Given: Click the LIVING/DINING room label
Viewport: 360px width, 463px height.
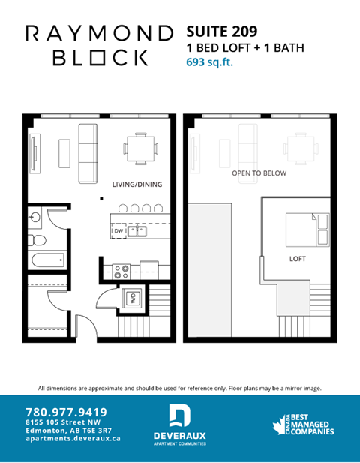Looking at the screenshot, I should [x=137, y=185].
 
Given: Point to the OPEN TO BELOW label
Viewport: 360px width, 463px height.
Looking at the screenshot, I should [x=259, y=173].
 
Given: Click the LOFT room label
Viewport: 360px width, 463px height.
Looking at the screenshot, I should [x=298, y=259].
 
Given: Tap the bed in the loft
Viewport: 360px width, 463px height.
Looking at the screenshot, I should [x=306, y=227].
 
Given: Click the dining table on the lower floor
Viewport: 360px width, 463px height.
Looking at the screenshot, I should [x=140, y=149].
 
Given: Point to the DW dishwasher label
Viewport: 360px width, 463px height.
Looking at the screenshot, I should [x=118, y=232].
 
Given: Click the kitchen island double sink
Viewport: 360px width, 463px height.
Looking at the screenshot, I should [x=136, y=231].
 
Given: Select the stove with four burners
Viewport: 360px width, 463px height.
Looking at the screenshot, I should [x=121, y=268].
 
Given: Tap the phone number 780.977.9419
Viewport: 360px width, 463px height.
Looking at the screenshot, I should [x=66, y=412].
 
